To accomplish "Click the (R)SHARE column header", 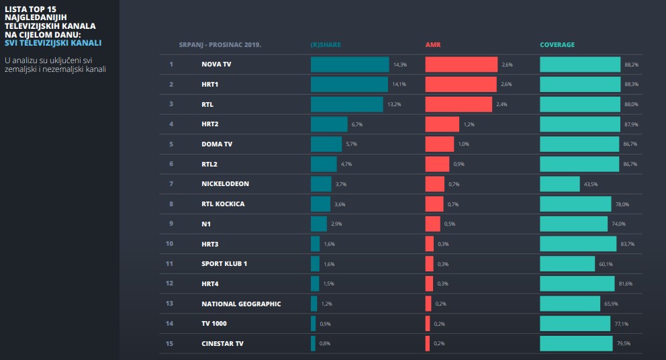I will tap(326, 45).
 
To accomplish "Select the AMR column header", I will tap(433, 45).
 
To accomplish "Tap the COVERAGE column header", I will tap(557, 45).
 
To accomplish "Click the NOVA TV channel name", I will tap(216, 64).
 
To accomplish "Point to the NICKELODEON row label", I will tap(225, 184).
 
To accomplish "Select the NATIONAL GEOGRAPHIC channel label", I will tap(241, 304).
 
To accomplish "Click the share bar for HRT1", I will tap(349, 85).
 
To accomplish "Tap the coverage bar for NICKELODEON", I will tap(560, 184).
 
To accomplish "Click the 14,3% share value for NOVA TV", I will tap(400, 65).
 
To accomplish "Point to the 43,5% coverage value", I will tap(591, 185).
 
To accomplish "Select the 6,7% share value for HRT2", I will tap(357, 125).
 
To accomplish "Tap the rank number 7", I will tap(171, 184).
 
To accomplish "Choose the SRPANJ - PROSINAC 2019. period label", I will tap(220, 45).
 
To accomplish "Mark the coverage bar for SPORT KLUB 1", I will tap(567, 264).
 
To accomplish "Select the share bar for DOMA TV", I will tap(326, 144).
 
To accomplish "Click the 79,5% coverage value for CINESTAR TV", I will tap(631, 344).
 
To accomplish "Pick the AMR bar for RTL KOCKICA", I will tap(434, 204).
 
